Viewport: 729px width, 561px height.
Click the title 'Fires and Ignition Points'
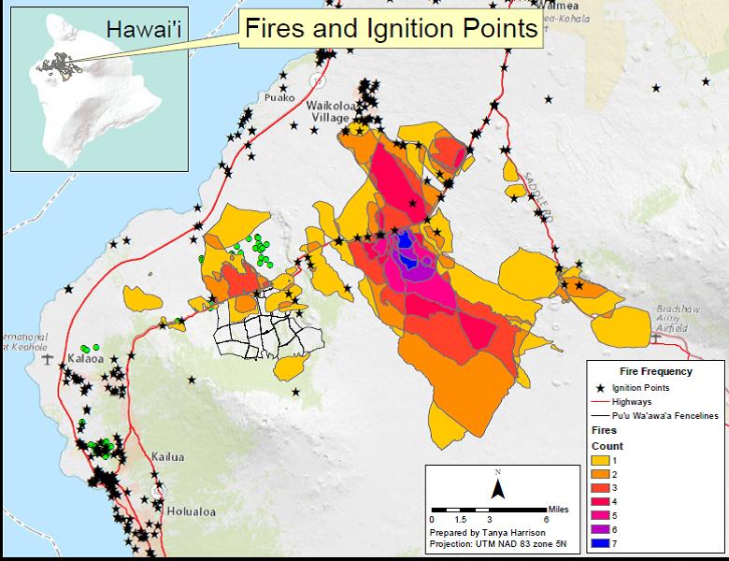coord(390,28)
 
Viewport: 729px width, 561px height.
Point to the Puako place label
coord(279,96)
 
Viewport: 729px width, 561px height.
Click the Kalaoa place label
coord(87,358)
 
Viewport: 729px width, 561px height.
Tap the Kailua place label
coord(168,457)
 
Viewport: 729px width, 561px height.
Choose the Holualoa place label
coord(192,511)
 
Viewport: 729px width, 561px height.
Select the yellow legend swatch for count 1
coord(602,461)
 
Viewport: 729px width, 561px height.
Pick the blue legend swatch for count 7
coord(602,544)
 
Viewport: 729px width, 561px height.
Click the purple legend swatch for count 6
coord(602,530)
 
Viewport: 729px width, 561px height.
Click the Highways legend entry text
coord(633,401)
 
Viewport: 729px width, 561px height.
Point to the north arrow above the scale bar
coord(499,486)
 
